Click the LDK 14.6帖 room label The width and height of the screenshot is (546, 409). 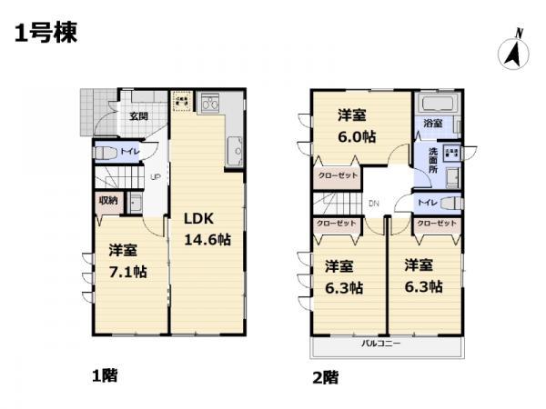pos(207,230)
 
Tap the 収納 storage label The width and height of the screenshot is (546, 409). pos(107,200)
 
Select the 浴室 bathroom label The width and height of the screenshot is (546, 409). pos(433,124)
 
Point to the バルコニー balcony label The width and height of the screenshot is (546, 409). pos(382,344)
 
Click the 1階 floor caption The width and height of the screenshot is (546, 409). pos(105,374)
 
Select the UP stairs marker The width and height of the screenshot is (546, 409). pos(156,176)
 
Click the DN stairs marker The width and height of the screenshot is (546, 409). pos(373,204)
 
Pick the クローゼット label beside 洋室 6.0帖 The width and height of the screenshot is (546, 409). pos(337,175)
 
